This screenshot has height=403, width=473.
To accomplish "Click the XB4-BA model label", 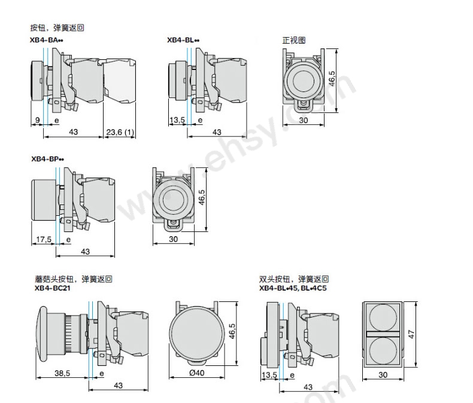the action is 47,40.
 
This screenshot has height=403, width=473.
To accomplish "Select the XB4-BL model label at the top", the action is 183,40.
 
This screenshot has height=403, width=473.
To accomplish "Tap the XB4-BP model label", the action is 48,158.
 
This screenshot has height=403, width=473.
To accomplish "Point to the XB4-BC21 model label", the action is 53,288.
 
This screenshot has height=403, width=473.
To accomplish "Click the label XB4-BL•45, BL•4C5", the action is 293,288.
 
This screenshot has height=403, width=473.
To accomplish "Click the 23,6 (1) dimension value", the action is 120,132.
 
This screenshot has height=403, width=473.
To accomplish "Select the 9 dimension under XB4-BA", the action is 37,120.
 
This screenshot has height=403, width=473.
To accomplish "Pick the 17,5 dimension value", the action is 44,240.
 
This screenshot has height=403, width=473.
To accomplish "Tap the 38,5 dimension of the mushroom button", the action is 62,374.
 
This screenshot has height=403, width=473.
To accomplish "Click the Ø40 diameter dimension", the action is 196,373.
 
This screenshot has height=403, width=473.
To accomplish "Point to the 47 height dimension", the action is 411,334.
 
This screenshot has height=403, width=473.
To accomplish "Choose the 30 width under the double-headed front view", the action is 383,375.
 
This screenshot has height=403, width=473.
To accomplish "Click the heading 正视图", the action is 294,40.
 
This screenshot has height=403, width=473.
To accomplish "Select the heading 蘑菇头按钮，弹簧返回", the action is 73,279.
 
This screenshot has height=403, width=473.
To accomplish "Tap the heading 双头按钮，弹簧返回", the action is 294,279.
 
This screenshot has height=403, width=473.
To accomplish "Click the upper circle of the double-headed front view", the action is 383,317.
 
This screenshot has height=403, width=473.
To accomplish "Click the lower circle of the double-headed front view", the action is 383,351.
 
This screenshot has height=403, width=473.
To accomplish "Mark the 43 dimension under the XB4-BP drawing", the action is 86,252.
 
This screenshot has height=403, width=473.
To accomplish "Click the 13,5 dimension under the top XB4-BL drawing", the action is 177,120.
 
